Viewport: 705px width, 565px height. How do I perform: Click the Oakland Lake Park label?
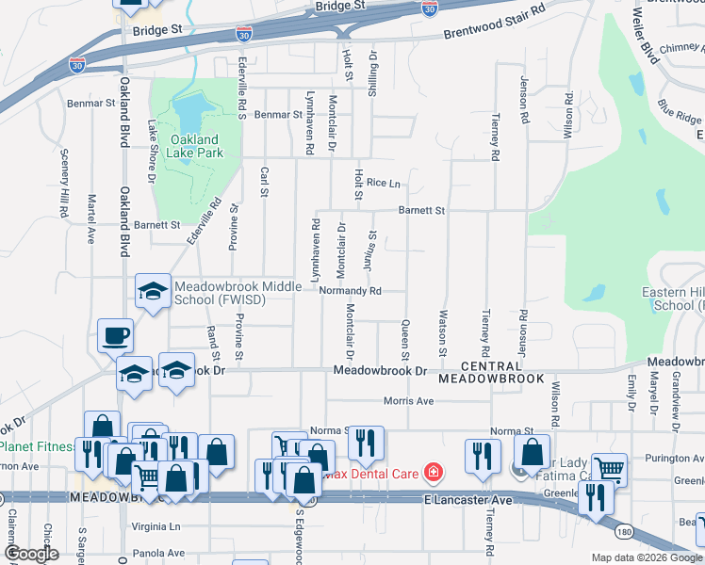195,146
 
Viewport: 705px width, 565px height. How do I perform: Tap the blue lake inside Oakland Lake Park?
189,113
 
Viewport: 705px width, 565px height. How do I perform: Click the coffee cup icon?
115,334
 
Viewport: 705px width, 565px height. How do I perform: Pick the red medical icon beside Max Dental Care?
433,471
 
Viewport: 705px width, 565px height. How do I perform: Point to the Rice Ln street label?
384,183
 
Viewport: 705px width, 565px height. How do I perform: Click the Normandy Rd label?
350,291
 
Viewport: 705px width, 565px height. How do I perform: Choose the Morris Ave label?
408,401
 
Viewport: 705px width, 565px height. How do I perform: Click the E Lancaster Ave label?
467,498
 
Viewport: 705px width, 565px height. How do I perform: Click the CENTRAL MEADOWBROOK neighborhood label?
491,372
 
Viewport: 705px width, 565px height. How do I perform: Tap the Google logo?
31,553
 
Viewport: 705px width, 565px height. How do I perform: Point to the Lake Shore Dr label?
151,151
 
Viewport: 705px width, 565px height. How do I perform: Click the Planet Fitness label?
36,446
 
